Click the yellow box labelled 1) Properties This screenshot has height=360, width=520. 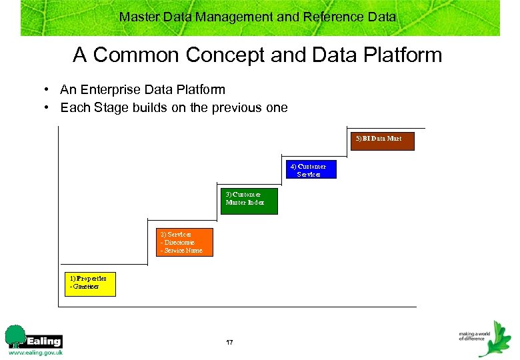coord(90,284)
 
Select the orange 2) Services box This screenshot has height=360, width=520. coord(185,243)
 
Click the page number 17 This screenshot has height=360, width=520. coord(229,342)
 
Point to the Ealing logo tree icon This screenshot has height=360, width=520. coord(15,335)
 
